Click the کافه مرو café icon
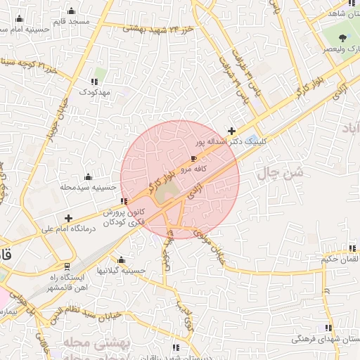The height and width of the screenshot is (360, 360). point(194,160)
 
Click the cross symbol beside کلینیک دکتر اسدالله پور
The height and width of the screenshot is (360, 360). point(232,131)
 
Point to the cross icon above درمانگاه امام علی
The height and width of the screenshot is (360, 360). point(68,219)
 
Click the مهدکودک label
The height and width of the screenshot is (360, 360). point(95,92)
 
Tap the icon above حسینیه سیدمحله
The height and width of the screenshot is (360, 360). point(88,177)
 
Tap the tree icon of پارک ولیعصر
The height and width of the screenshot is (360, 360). point(342,38)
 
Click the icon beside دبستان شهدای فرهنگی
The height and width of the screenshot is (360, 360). point(328,328)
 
